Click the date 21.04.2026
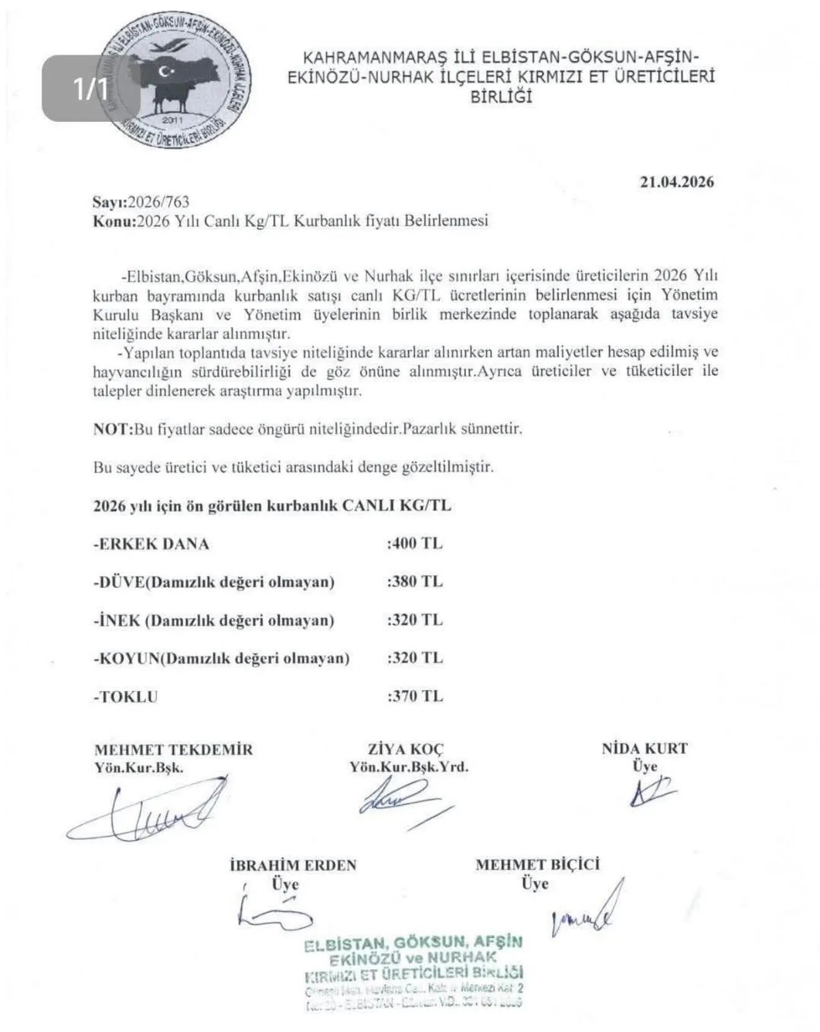676,182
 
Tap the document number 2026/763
158,202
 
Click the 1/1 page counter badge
91,88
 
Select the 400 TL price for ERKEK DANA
415,544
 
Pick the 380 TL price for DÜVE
415,582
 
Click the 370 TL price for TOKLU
415,696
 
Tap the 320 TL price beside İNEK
415,620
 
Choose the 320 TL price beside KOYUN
415,658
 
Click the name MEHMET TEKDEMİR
174,749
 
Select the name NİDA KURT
645,749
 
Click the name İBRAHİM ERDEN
293,865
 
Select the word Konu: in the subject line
114,221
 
